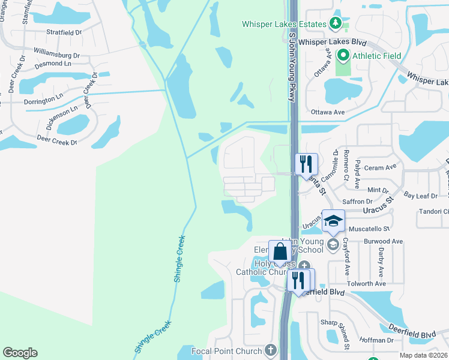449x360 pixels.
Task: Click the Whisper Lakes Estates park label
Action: pyautogui.click(x=283, y=25)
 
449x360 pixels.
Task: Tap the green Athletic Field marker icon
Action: pyautogui.click(x=343, y=56)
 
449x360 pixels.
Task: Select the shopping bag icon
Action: pyautogui.click(x=280, y=253)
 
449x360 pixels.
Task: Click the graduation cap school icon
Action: pyautogui.click(x=334, y=222)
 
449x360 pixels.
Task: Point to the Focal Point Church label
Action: pyautogui.click(x=228, y=351)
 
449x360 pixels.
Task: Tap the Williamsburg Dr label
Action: pyautogui.click(x=57, y=55)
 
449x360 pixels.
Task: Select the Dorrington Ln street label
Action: pyautogui.click(x=43, y=98)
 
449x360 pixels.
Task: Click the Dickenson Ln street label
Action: pyautogui.click(x=62, y=118)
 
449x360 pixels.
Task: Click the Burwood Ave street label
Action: pyautogui.click(x=382, y=241)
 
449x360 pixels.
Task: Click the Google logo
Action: pyautogui.click(x=20, y=353)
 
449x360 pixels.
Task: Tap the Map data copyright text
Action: pyautogui.click(x=423, y=355)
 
